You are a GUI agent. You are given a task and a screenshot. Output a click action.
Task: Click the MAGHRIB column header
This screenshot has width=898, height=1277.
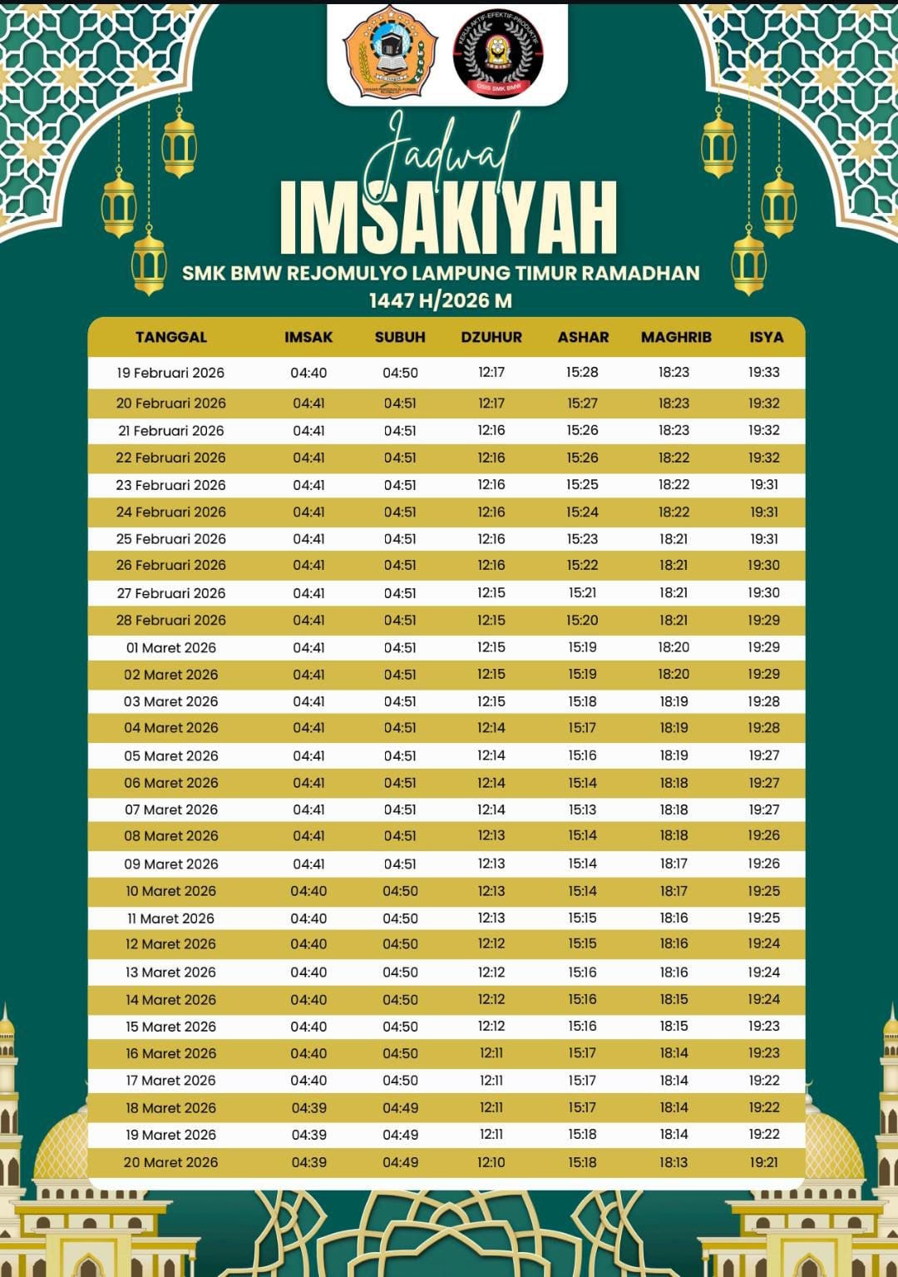676,337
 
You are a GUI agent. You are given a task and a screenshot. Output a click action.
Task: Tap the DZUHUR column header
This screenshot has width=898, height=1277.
491,337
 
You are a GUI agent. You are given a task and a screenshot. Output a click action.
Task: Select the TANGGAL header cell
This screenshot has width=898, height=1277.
171,337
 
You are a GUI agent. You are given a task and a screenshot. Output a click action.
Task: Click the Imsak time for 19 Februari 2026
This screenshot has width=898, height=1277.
308,373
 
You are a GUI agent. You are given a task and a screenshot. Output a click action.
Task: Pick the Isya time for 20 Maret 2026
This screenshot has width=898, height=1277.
763,1162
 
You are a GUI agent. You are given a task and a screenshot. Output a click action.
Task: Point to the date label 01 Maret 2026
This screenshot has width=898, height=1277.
171,647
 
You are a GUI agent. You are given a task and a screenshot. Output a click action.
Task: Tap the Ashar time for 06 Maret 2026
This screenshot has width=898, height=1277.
582,783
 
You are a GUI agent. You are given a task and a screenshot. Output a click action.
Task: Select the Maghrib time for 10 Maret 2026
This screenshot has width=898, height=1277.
673,891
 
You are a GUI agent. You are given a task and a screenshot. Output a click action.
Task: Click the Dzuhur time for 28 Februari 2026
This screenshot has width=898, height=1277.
491,620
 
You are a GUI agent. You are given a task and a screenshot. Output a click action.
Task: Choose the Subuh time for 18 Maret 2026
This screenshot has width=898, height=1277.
400,1108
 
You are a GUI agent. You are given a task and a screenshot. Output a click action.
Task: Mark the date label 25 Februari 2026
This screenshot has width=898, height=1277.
171,539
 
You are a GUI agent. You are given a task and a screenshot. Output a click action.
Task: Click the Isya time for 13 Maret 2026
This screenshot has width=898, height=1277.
763,972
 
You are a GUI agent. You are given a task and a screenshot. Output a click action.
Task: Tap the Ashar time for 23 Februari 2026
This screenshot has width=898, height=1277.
582,484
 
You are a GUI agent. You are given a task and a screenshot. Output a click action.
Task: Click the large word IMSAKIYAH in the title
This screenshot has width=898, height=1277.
449,218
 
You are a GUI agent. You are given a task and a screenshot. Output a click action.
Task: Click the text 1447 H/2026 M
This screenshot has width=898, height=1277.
441,300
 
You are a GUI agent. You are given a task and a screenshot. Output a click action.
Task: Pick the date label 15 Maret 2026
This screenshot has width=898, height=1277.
171,1027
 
